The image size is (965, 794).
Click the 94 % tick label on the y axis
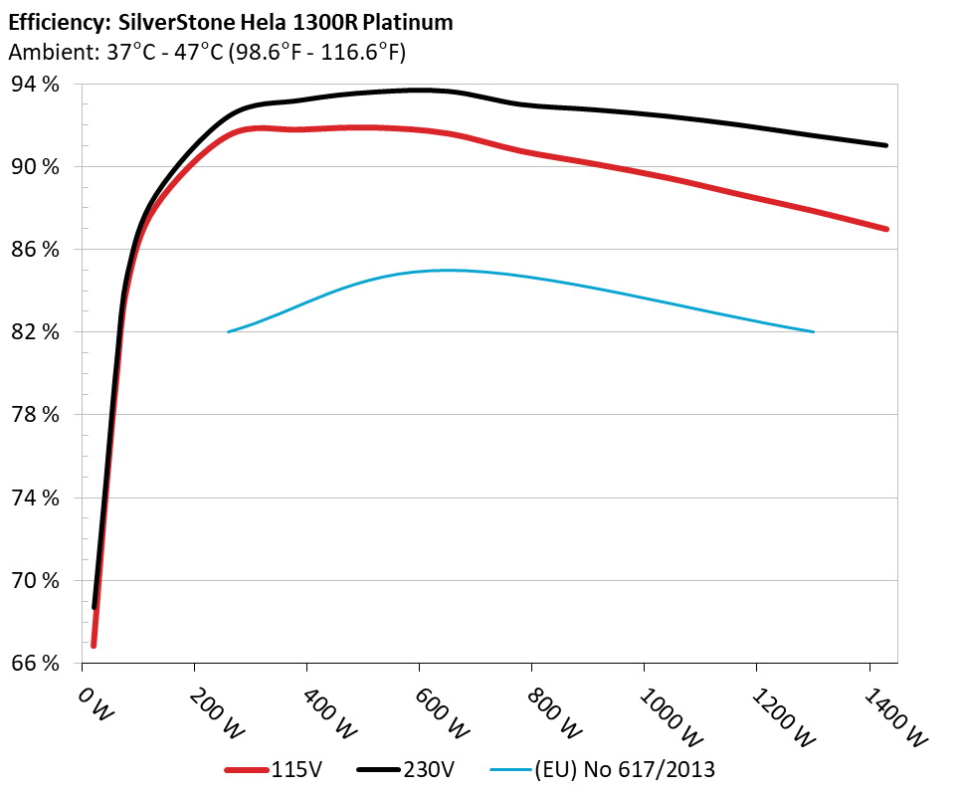click(x=37, y=85)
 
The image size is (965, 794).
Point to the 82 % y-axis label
click(x=37, y=332)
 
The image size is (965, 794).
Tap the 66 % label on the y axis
click(x=37, y=664)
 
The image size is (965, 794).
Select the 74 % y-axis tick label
click(x=37, y=497)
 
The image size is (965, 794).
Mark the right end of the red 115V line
click(x=885, y=229)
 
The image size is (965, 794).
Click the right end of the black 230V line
click(x=885, y=145)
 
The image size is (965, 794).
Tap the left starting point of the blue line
click(x=229, y=331)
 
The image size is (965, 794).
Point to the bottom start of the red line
click(x=94, y=645)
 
